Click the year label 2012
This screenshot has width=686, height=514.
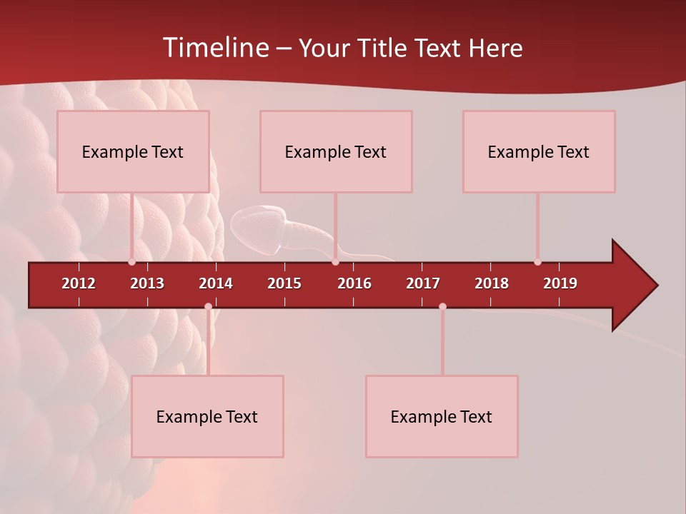[79, 283]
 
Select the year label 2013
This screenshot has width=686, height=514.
[147, 283]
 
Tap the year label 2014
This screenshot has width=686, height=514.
[216, 283]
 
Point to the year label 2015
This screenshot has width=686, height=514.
[284, 283]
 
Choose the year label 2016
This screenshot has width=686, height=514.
[354, 283]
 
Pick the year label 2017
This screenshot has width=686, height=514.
[423, 283]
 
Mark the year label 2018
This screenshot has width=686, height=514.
[492, 283]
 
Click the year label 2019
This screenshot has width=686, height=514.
[560, 283]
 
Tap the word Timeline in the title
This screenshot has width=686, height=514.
[215, 48]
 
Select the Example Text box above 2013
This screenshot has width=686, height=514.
[133, 151]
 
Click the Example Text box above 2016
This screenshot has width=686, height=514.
[336, 151]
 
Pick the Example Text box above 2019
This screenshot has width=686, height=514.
[539, 151]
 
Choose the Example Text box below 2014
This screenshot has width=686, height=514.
[207, 416]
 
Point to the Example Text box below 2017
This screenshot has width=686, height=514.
[442, 416]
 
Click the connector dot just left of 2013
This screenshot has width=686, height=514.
[131, 262]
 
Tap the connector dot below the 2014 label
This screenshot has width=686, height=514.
[208, 307]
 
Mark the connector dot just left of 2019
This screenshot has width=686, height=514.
[537, 262]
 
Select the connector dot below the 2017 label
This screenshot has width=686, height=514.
[442, 307]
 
